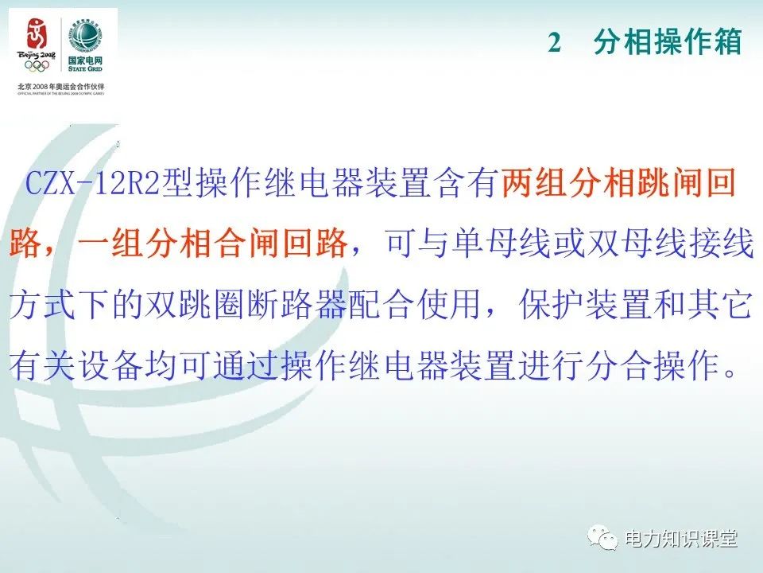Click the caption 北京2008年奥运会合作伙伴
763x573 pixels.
[x=61, y=86]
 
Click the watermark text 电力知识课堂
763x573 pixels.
[x=681, y=539]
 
